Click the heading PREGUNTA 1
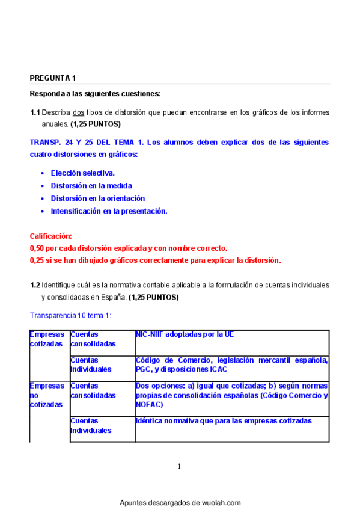(x=53, y=78)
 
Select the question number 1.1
(x=35, y=112)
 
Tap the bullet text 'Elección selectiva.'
(x=82, y=173)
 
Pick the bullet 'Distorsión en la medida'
(x=91, y=186)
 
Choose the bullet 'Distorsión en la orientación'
(x=97, y=198)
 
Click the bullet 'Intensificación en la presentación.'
(x=109, y=211)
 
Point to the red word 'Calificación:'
(x=51, y=236)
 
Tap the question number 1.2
(x=35, y=284)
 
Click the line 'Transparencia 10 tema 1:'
(x=71, y=315)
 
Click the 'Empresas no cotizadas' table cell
(x=46, y=395)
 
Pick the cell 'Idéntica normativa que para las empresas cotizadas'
(x=224, y=421)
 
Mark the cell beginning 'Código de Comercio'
(x=231, y=364)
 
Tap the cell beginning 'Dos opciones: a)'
(x=231, y=395)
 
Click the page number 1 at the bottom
(x=179, y=466)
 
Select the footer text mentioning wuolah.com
(x=180, y=502)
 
